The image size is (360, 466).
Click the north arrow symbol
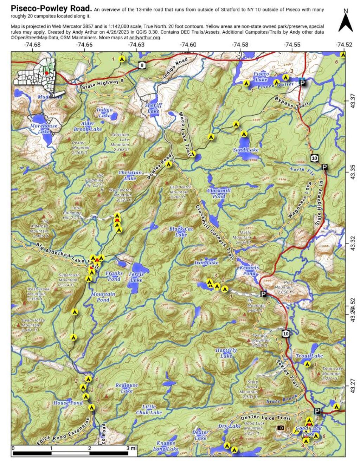(345, 22)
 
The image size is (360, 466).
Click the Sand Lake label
(246, 150)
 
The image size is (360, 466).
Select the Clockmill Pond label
(219, 193)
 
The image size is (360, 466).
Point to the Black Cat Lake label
(181, 232)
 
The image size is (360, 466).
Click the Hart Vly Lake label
(226, 353)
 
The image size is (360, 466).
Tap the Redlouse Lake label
(127, 388)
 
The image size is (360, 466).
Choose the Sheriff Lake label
(153, 108)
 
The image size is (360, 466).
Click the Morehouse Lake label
(44, 129)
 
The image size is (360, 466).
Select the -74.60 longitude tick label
(188, 45)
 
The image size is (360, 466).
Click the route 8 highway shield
(141, 65)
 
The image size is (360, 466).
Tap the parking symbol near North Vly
(324, 167)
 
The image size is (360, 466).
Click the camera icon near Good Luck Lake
(281, 428)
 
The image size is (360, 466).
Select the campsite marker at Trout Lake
(307, 364)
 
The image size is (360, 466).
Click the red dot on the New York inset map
(46, 73)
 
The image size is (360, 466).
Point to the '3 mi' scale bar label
(131, 448)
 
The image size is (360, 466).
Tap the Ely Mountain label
(256, 305)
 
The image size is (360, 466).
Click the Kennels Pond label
(249, 270)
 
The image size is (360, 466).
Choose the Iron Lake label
(206, 263)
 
